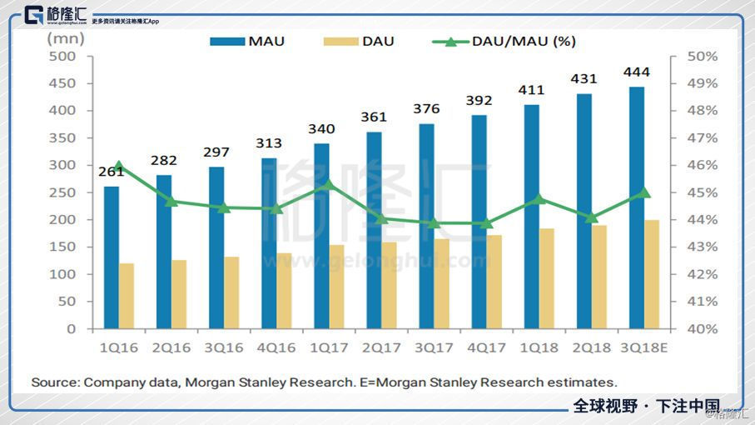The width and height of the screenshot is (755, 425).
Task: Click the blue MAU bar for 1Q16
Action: point(112,257)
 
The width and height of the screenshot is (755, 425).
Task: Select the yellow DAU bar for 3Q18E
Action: point(651,274)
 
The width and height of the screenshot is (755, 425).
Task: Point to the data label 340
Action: point(321,129)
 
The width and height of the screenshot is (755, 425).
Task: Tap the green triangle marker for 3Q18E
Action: point(643,192)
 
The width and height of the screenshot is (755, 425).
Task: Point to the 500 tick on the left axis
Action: point(62,56)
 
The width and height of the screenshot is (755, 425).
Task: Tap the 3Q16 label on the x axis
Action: point(224,347)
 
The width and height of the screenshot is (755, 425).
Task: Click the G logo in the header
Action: point(36,15)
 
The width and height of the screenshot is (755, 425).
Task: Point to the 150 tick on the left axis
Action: point(62,247)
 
